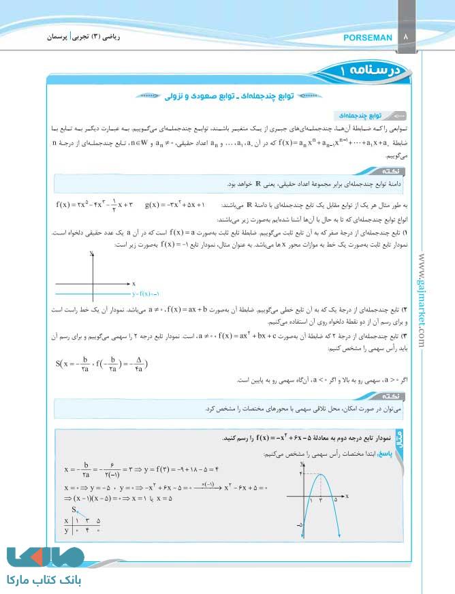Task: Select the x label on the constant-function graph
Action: (134, 283)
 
